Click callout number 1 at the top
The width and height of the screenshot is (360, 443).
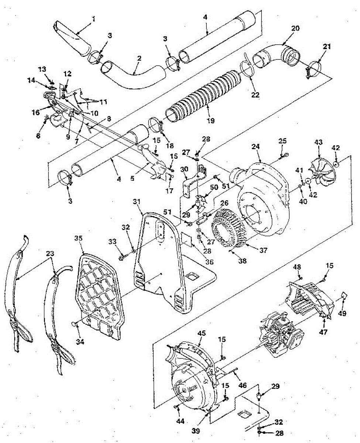click(x=93, y=18)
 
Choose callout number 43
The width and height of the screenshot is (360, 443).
click(x=318, y=142)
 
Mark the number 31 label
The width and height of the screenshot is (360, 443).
click(x=137, y=202)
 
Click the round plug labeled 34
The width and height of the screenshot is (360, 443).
click(x=74, y=324)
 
